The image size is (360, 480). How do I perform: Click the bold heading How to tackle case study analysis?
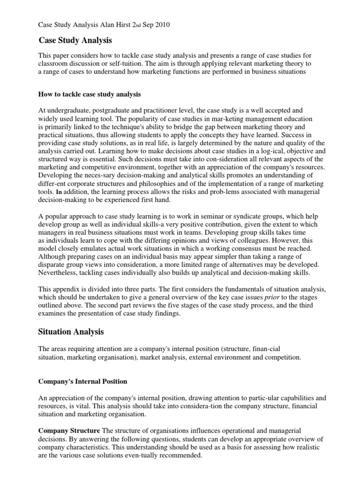click(x=89, y=94)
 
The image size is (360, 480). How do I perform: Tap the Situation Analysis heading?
click(x=70, y=332)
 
